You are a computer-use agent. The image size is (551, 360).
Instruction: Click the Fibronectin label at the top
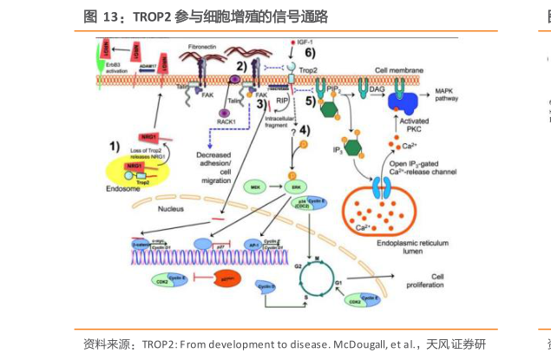200,44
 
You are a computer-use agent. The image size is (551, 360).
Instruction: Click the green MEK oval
233,186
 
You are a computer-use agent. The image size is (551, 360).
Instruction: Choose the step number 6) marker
308,53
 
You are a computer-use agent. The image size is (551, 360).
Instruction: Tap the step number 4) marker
302,130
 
